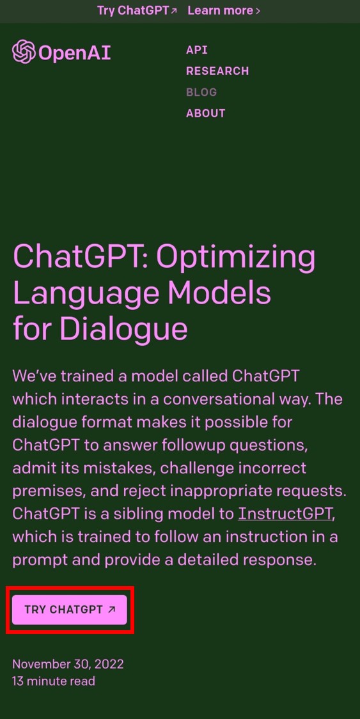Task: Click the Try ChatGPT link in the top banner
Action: [137, 11]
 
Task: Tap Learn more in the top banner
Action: [224, 11]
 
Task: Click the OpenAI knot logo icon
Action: [24, 52]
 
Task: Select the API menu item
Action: [197, 50]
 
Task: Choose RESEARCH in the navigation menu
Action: [217, 71]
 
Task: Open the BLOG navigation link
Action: [201, 92]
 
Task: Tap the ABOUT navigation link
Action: [206, 113]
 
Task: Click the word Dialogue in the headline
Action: [123, 329]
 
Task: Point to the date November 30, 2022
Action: [68, 664]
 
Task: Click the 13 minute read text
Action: [54, 681]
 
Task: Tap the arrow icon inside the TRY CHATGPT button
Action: [112, 610]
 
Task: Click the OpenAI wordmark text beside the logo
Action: [74, 52]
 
